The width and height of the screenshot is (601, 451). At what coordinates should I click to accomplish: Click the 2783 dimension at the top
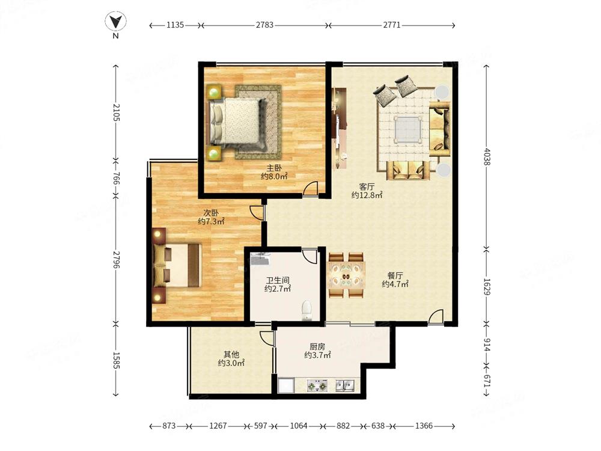pos(264,25)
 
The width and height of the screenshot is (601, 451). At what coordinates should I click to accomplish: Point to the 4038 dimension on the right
pos(487,157)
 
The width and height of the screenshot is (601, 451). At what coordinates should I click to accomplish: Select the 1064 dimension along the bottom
pos(299,426)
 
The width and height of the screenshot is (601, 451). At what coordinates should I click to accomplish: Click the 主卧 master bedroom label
pos(274,168)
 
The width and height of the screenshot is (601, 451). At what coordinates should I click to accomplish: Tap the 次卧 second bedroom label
pos(211,212)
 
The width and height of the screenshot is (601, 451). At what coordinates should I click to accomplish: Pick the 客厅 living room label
pos(367,187)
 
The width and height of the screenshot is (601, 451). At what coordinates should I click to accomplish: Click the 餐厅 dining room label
pos(395,275)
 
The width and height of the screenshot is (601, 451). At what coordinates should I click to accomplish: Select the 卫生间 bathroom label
pos(278,280)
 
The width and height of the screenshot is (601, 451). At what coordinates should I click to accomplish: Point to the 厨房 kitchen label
pos(317,346)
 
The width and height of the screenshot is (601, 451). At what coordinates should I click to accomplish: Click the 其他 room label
pos(231,354)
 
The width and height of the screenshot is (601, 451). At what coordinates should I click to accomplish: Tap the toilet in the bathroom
pos(307,310)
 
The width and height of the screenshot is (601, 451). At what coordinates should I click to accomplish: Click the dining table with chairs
pos(347,275)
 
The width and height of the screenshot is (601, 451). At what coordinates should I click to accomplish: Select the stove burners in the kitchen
pos(317,385)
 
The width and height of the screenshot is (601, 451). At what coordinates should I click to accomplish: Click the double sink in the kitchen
pos(345,385)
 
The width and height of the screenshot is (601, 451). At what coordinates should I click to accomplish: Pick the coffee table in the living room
pos(409,129)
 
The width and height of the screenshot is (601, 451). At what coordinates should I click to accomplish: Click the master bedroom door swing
pos(311,188)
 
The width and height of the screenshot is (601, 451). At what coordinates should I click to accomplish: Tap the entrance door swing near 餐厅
pos(436,317)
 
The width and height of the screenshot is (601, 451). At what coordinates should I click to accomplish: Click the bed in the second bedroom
pos(177,265)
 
